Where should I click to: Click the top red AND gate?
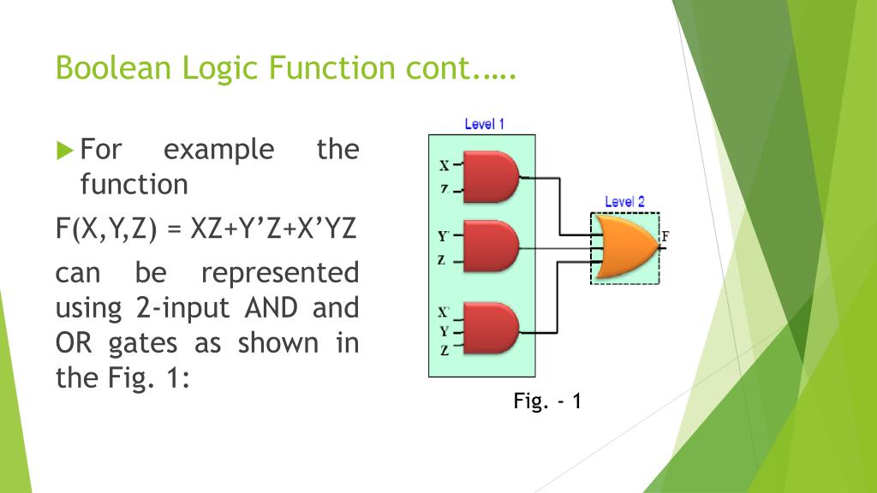[x=490, y=177]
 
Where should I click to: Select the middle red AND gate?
[x=490, y=246]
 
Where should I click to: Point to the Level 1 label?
[x=484, y=124]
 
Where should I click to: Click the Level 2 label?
[x=624, y=202]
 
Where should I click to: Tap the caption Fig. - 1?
[x=548, y=401]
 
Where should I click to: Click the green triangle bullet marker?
[x=65, y=151]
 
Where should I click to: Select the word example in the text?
[x=218, y=150]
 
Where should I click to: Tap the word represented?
[x=279, y=273]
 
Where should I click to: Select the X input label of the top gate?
[x=444, y=164]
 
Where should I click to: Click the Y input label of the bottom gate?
[x=444, y=330]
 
